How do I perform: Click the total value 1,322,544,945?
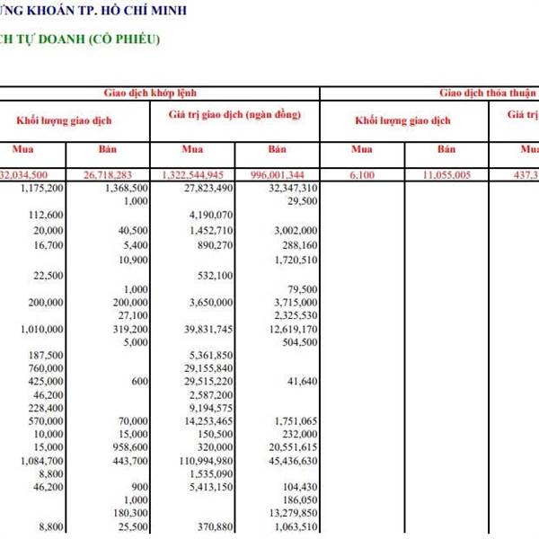pos(199,174)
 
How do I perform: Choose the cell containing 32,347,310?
pos(293,188)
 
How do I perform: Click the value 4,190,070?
pos(212,216)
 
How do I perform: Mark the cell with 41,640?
pos(302,382)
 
